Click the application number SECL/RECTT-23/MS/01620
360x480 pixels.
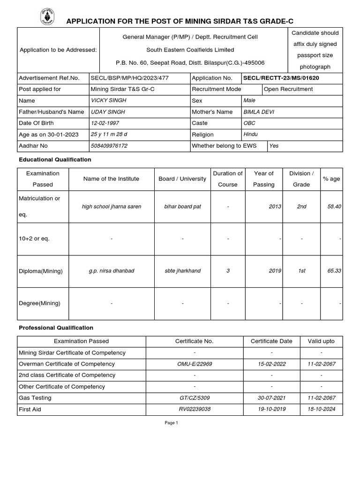point(281,78)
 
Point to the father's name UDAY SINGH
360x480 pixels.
point(108,112)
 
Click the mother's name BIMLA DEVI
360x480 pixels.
point(259,112)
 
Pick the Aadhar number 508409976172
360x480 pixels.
point(109,146)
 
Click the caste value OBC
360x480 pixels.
point(249,123)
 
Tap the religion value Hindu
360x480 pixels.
point(251,135)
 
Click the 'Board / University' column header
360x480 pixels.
point(182,179)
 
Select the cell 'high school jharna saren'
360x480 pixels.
point(111,206)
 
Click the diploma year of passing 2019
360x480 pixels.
point(275,271)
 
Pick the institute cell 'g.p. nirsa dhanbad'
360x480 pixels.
point(111,271)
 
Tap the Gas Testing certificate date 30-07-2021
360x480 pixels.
point(271,398)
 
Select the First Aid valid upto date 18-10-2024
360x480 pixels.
point(321,409)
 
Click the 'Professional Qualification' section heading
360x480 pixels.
point(56,328)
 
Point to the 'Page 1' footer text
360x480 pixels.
point(171,423)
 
